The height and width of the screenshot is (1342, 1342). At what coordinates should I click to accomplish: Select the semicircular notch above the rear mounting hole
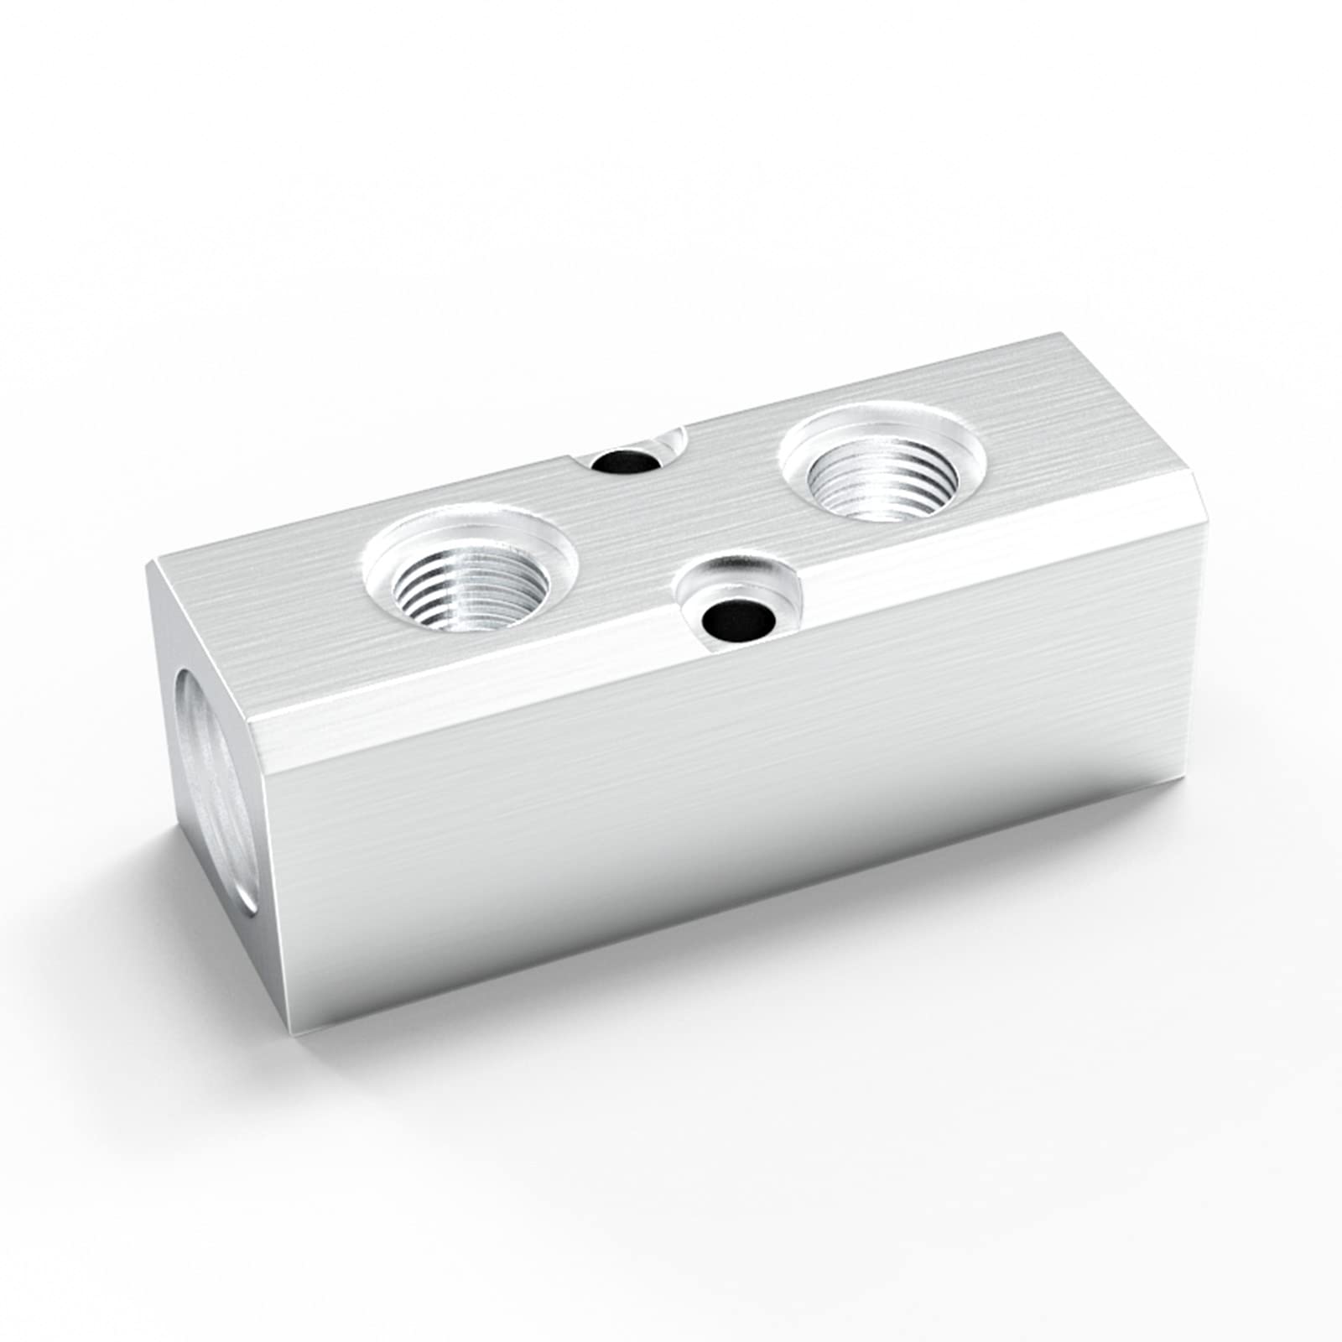(x=671, y=437)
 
